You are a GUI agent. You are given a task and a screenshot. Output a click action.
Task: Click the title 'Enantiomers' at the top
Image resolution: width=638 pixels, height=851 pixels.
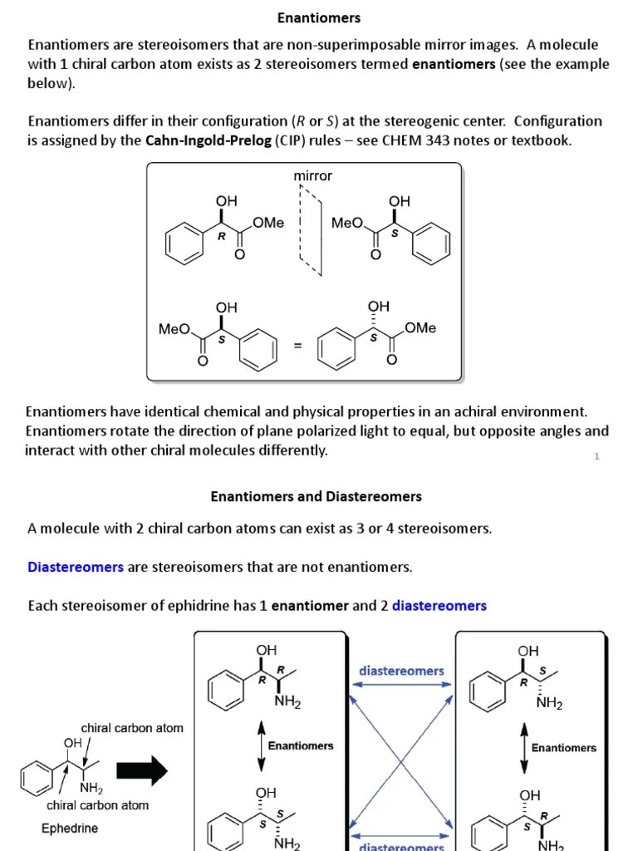[x=319, y=17]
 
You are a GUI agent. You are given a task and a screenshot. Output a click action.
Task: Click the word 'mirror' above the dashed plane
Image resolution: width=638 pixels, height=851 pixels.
[x=313, y=175]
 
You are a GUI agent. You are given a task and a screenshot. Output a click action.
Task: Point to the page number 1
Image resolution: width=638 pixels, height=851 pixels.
[x=596, y=455]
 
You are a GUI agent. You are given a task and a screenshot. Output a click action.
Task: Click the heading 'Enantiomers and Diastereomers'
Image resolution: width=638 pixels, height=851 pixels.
[x=316, y=496]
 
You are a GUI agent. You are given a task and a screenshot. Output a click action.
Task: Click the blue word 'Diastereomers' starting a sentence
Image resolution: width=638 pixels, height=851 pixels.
[x=76, y=567]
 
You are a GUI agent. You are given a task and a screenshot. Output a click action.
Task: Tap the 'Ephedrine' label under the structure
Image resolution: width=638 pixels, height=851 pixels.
[x=70, y=829]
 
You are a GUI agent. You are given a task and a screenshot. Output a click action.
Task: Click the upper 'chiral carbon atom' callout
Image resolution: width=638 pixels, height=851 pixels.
[x=132, y=728]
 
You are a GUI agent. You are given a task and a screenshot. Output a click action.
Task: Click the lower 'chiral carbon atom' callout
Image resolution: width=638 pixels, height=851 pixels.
[x=98, y=804]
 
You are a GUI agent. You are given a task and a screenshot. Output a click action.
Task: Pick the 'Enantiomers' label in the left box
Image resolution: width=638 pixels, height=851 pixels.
[x=301, y=745]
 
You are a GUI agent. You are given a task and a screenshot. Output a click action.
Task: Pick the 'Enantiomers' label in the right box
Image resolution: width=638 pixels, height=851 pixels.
[x=564, y=747]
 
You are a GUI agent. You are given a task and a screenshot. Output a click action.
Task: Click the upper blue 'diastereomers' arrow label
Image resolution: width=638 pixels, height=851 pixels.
[x=401, y=670]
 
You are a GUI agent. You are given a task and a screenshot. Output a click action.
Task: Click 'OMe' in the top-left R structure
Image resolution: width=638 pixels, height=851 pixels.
[x=268, y=223]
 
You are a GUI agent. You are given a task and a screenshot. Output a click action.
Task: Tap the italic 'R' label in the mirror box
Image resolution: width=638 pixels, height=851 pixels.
[x=222, y=235]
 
